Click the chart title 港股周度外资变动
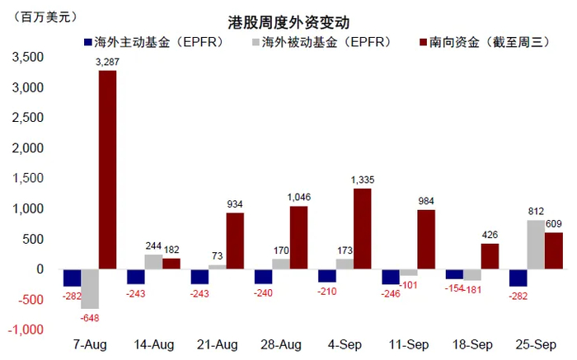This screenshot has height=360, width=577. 288,22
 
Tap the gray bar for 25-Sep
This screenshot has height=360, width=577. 534,244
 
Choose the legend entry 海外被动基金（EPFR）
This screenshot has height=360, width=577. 326,42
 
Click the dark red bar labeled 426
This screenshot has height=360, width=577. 490,255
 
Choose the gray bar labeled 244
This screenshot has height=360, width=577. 153,261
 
